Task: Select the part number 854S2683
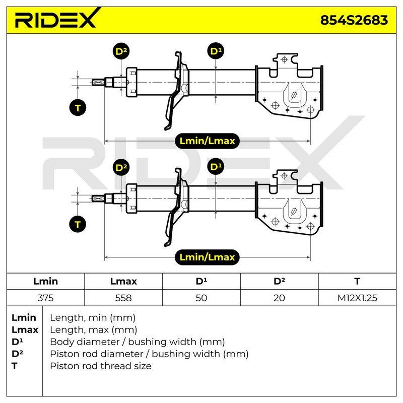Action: [354, 20]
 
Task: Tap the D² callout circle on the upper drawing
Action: [121, 51]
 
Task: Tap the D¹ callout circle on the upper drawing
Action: [216, 51]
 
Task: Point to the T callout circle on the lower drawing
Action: [78, 224]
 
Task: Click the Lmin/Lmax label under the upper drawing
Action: [207, 141]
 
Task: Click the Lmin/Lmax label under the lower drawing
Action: [207, 257]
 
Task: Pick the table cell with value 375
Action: [45, 298]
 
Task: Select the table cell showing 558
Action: [123, 298]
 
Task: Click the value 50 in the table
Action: [201, 298]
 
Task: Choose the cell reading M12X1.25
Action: [357, 298]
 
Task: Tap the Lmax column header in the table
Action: [123, 282]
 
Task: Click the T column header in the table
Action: [357, 282]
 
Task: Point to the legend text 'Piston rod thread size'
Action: [100, 366]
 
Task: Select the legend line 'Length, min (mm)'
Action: [93, 318]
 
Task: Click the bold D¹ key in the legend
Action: [17, 342]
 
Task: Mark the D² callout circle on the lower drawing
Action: [121, 167]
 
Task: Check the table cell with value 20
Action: [279, 298]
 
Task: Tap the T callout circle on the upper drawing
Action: [78, 107]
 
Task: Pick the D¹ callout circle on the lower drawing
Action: [216, 167]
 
